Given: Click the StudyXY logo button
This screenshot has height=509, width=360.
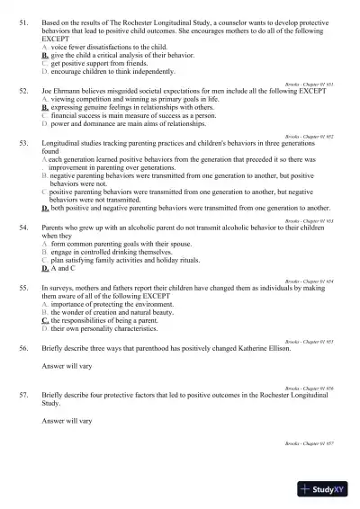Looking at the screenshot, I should click(x=324, y=489).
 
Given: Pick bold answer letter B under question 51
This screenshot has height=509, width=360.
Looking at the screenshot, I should click(x=44, y=57).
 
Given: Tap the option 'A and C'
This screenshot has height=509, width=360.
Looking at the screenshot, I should click(x=62, y=269).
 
